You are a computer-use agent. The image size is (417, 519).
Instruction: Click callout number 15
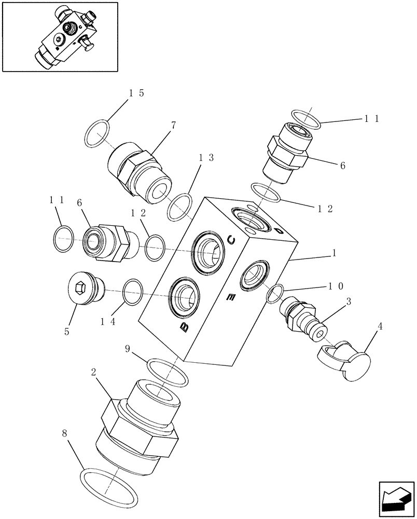(x=136, y=93)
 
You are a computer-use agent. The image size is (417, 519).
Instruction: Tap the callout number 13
(x=206, y=158)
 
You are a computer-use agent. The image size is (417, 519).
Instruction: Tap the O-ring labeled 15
(x=97, y=133)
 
